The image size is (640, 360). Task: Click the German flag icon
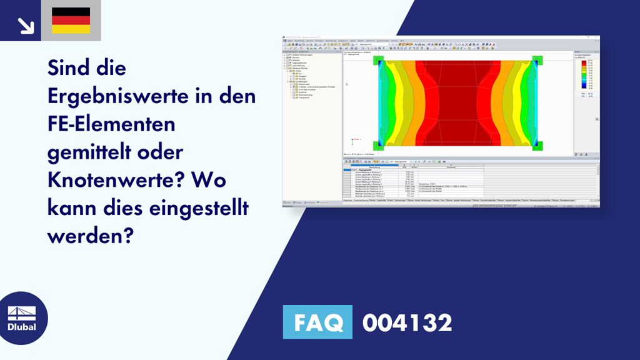coord(71,21)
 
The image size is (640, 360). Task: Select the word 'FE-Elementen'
coord(112,124)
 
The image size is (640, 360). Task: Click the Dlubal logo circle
coord(21,318)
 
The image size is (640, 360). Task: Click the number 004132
coord(407,322)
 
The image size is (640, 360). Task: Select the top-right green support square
coord(537,60)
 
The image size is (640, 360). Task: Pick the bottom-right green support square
coord(537,146)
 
